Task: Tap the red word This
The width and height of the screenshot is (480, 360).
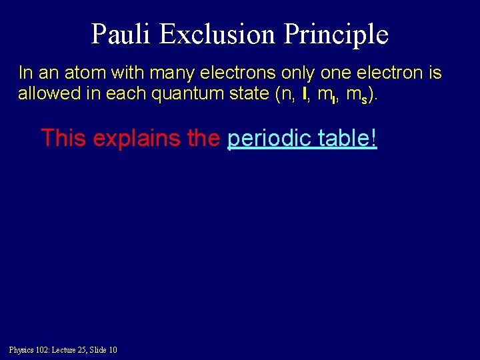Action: coord(64,138)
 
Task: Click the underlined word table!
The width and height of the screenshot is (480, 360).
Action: coord(347,138)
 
